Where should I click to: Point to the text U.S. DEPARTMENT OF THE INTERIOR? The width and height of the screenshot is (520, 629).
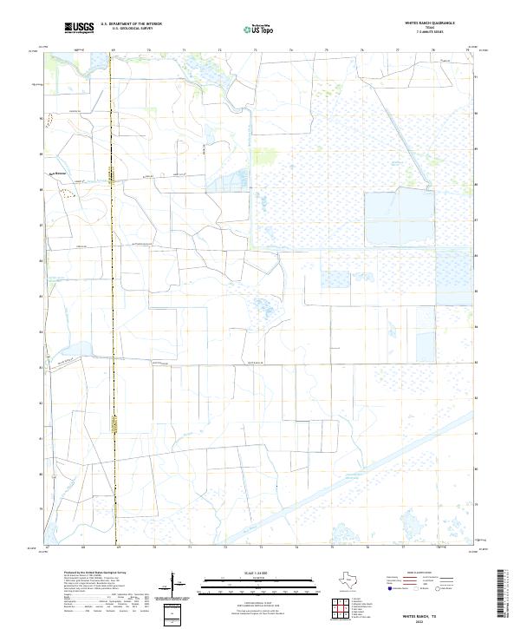pos(131,24)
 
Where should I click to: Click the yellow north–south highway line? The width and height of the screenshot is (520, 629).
pos(112,304)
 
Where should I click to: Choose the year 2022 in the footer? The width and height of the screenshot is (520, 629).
pos(422,621)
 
